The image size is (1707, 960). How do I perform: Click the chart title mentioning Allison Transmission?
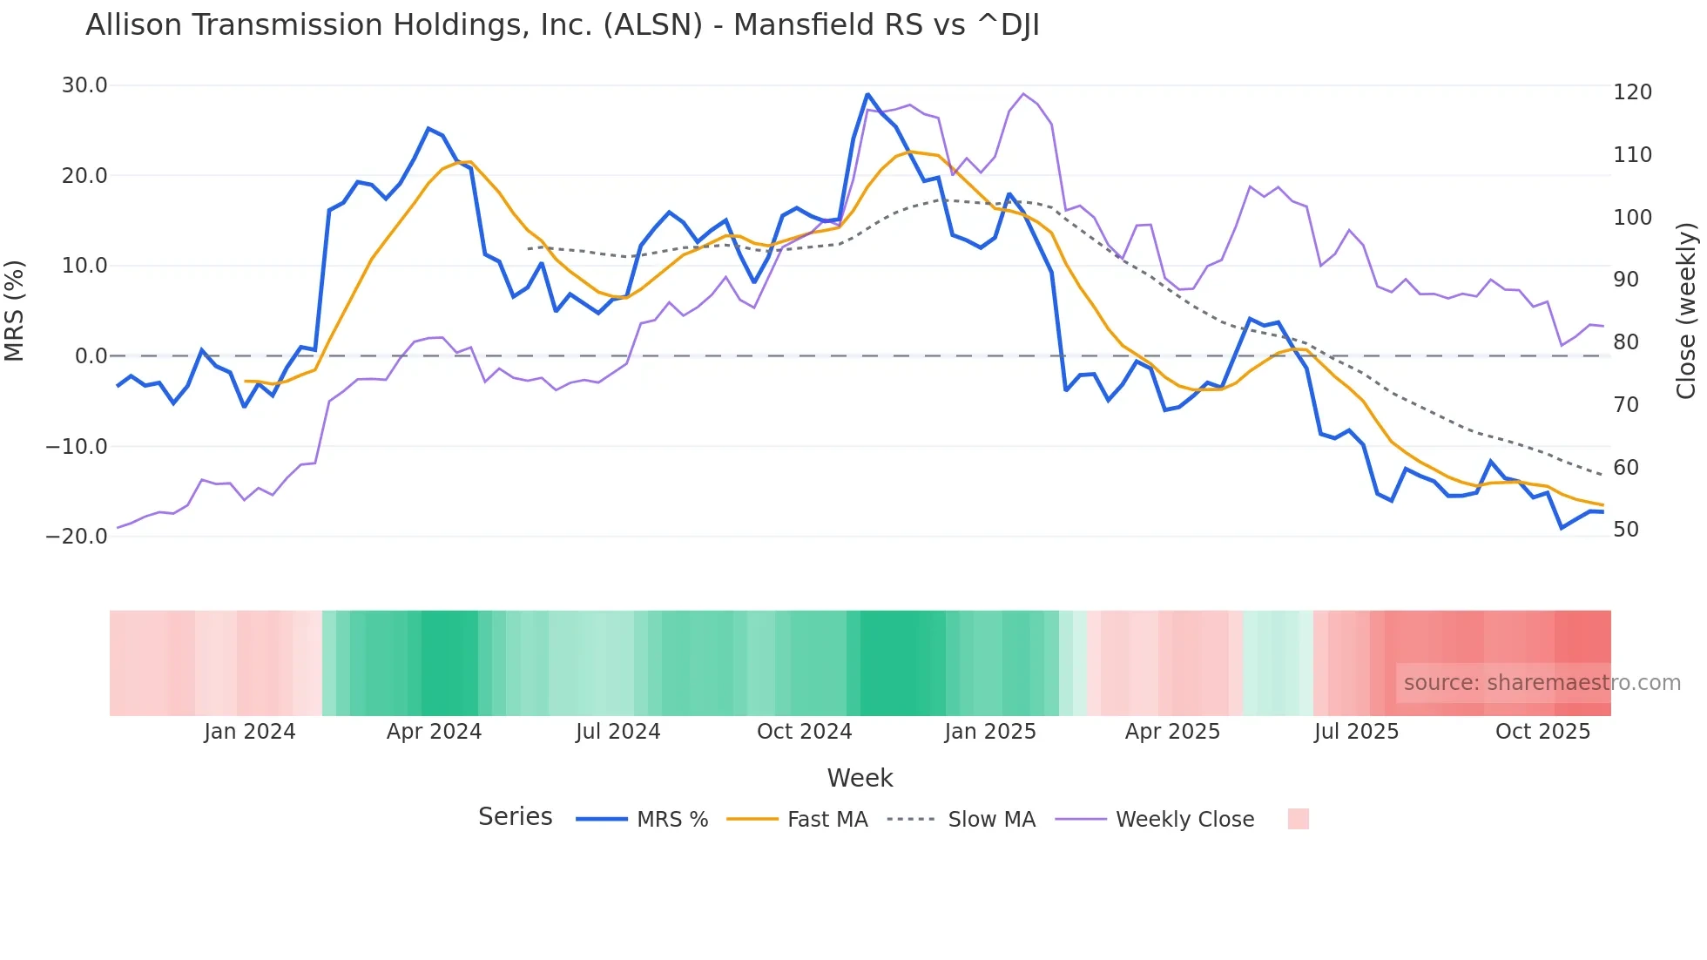[x=562, y=25]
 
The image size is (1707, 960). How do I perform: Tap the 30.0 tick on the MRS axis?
[x=84, y=85]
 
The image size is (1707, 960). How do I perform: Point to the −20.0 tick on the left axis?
[x=77, y=537]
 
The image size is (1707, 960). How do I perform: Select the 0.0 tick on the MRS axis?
[x=91, y=356]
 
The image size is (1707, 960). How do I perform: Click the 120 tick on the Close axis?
[x=1632, y=92]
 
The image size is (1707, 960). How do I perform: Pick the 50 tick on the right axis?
[x=1626, y=530]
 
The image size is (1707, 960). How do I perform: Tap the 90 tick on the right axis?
[x=1626, y=280]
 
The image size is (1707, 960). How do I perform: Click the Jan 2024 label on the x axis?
[x=250, y=732]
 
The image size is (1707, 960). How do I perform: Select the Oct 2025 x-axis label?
[x=1542, y=732]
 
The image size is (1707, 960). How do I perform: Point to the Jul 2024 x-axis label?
[x=617, y=732]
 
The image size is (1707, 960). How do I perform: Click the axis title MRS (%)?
[x=15, y=311]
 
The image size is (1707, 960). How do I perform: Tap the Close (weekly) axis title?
[x=1686, y=311]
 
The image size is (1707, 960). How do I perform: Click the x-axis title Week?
[x=860, y=778]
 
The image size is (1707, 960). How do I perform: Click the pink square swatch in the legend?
[x=1298, y=819]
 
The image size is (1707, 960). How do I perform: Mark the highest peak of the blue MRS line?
[x=867, y=94]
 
